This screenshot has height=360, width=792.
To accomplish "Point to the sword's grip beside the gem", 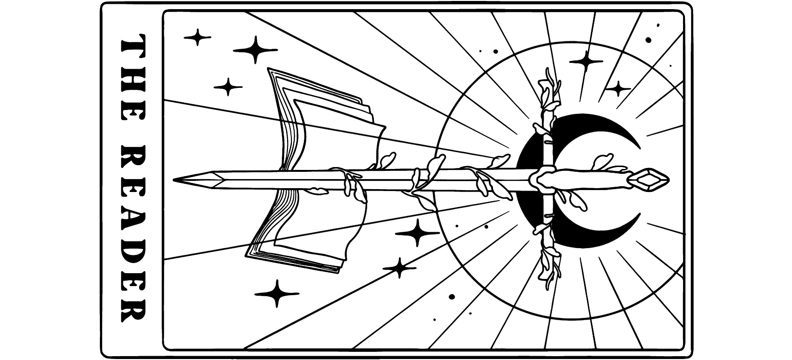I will [595, 179].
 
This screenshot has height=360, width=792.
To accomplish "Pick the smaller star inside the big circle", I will [618, 88].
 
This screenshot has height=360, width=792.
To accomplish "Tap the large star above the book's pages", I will [255, 49].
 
